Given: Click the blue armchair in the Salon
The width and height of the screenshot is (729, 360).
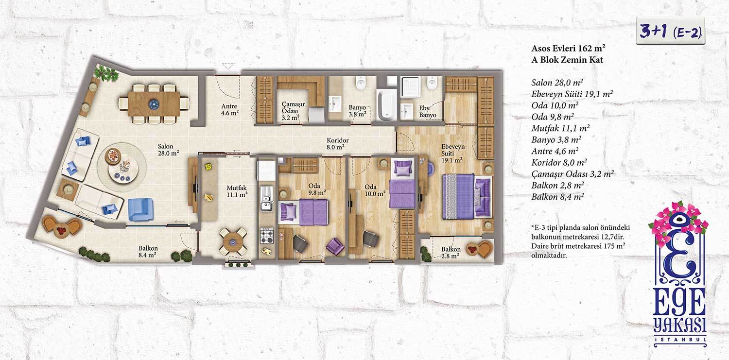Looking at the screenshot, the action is (140, 209).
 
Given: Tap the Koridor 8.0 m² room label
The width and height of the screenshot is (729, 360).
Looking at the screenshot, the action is (337, 144).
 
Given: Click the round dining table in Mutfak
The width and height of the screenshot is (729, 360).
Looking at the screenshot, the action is (233, 241).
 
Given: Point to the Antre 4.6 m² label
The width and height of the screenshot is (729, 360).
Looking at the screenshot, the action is (229, 110).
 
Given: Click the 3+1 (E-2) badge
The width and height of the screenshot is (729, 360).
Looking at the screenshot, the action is (670, 31).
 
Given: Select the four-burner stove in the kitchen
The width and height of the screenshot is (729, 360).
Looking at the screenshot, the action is (267, 236).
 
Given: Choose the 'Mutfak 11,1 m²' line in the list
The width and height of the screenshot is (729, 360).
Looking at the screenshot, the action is (560, 128).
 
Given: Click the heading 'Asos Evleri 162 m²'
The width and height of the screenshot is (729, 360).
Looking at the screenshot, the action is (568, 49).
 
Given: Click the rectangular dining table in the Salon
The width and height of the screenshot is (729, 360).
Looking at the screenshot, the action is (154, 104).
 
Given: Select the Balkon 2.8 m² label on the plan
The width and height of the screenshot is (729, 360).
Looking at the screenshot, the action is (451, 252).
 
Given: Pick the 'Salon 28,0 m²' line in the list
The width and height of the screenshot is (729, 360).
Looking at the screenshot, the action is (557, 83).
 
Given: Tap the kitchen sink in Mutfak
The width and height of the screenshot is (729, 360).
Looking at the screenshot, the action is (266, 198).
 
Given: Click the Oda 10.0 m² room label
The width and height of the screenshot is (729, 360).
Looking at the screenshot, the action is (375, 190).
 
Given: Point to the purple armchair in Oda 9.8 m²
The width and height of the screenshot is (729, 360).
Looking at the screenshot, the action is (335, 246).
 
